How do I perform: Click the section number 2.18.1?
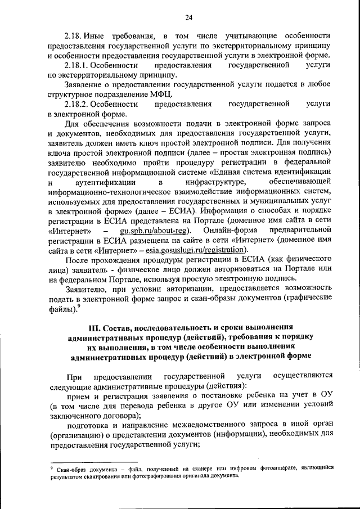81,66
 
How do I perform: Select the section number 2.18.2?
81,104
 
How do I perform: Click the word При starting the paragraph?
74,375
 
